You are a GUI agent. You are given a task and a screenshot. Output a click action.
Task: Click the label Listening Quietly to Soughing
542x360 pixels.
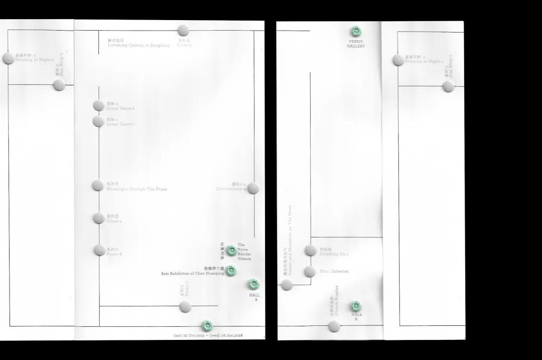[139, 45]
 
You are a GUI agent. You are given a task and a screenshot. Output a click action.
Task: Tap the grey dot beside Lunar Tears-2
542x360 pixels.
[98, 105]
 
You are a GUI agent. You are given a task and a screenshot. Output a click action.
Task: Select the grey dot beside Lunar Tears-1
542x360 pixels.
[98, 121]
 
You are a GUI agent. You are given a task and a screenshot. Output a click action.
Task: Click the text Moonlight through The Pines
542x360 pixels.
[137, 189]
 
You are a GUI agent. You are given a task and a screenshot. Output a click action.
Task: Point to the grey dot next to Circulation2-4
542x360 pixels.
[253, 188]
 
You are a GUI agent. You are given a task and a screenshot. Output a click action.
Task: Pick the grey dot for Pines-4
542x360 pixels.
[99, 218]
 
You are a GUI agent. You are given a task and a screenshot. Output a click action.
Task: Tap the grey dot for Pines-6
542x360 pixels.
[99, 250]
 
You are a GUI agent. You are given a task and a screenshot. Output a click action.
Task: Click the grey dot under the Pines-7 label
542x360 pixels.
[185, 307]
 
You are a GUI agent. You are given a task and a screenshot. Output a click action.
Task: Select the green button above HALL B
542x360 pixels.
[254, 284]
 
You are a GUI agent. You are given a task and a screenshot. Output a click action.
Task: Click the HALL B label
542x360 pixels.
[254, 297]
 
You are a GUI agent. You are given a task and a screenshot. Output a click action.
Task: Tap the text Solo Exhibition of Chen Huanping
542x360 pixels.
[192, 274]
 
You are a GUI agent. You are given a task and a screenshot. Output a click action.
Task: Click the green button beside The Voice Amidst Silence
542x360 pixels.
[231, 251]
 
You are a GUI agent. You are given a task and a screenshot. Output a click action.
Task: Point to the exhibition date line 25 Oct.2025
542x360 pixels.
[208, 335]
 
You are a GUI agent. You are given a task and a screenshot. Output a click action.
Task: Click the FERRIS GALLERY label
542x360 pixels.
[356, 44]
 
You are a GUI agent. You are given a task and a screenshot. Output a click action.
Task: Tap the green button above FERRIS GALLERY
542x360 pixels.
[356, 31]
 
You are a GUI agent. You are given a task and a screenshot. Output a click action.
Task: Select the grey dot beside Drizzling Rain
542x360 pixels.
[310, 250]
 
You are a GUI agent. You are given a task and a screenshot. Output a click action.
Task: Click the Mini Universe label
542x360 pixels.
[334, 271]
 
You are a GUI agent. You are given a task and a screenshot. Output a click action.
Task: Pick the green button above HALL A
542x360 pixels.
[356, 306]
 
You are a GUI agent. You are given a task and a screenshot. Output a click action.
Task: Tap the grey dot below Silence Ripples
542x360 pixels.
[334, 327]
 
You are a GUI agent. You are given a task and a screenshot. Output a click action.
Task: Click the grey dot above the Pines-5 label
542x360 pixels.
[184, 31]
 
